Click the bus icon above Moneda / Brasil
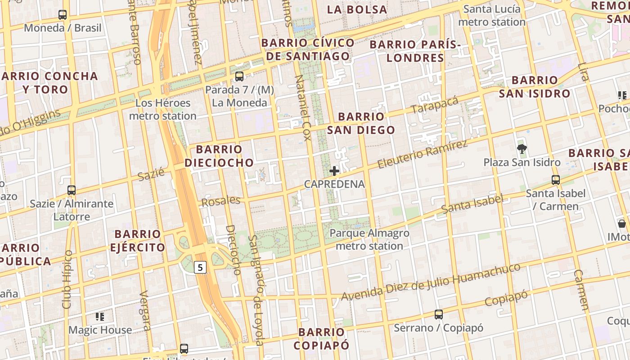coord(63,15)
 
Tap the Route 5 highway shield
coord(200,268)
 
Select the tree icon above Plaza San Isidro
coord(522,148)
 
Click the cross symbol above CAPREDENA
coord(334,171)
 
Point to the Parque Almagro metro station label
coord(369,239)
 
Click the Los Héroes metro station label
coord(162,109)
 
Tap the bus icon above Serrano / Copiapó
coord(439,315)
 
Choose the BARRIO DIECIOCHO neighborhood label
coord(219,156)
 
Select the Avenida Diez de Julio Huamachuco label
coord(431,282)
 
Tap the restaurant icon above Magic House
coord(100,317)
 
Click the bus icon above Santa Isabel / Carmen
coord(556,180)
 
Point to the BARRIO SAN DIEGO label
coord(361,123)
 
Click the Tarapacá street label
coord(434,105)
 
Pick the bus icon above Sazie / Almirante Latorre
coord(72,190)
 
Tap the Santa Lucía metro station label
coord(492,15)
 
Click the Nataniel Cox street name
coord(303,108)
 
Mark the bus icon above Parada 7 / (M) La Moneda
coord(239,76)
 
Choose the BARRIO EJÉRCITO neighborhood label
coord(138,241)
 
